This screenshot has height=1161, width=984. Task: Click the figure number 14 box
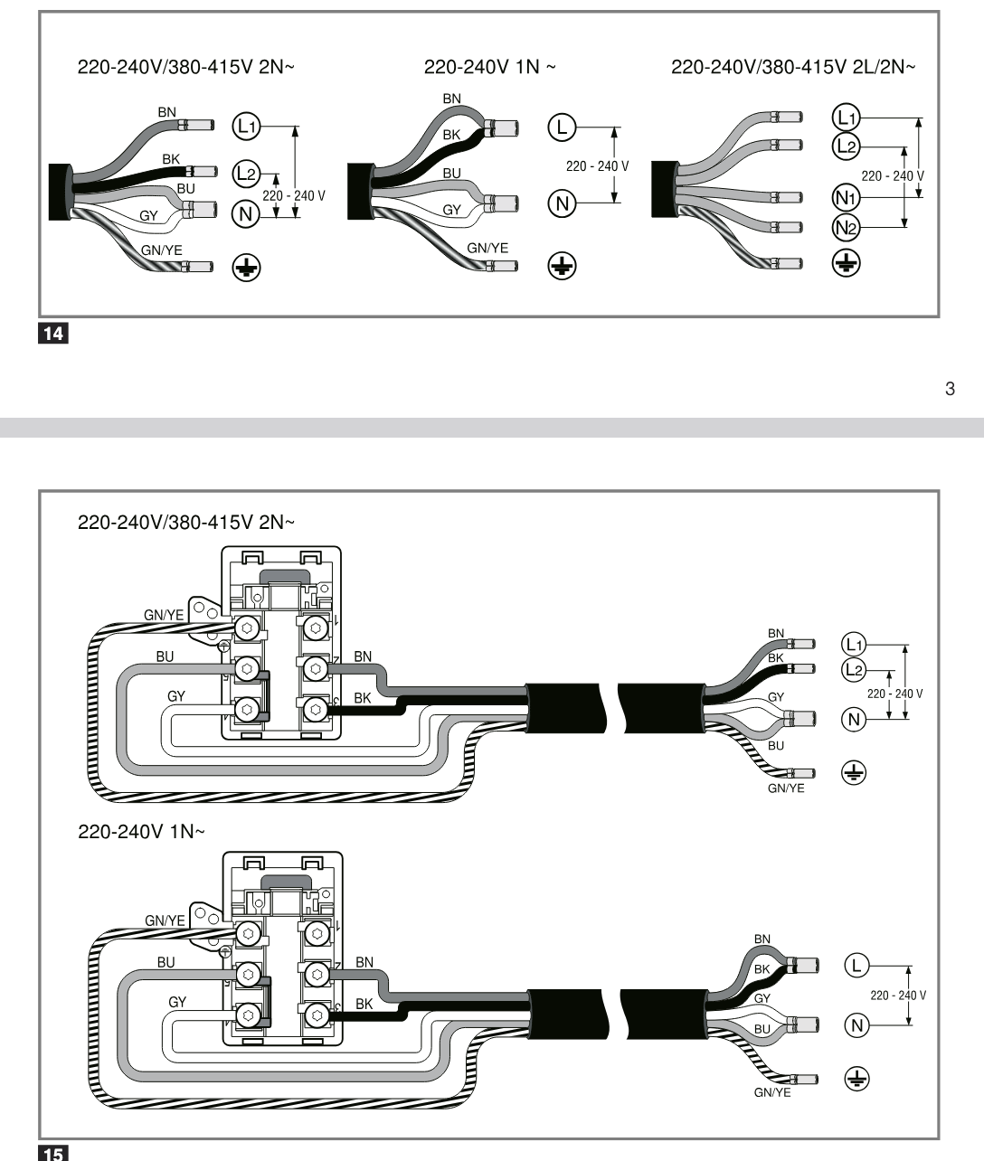click(x=53, y=333)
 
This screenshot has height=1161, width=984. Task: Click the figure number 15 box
click(x=53, y=1153)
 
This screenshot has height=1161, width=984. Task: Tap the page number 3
click(x=950, y=389)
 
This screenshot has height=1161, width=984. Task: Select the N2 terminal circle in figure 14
click(x=846, y=228)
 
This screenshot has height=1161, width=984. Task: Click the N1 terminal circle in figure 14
click(x=846, y=198)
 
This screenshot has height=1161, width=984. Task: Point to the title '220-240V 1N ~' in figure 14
click(x=489, y=67)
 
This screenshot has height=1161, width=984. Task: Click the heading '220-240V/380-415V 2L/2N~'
click(x=793, y=67)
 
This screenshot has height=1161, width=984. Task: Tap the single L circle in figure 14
click(x=562, y=127)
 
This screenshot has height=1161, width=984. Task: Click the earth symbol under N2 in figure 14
click(x=846, y=263)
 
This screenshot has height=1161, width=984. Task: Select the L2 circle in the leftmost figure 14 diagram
click(x=246, y=173)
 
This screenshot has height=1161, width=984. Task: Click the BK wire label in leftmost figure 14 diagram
click(x=171, y=159)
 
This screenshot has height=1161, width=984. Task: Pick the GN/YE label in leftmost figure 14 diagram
click(x=161, y=250)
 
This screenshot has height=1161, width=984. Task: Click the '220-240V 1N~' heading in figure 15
click(x=141, y=831)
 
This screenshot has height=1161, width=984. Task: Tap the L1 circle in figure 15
click(x=854, y=645)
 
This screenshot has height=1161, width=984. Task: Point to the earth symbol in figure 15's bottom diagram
click(x=857, y=1079)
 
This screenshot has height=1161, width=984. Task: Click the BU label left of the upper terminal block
click(x=165, y=656)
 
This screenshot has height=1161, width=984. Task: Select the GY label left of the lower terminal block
click(x=177, y=1002)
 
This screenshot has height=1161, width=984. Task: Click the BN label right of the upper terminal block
click(x=363, y=656)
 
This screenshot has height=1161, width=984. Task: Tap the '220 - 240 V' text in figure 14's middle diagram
click(x=598, y=166)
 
